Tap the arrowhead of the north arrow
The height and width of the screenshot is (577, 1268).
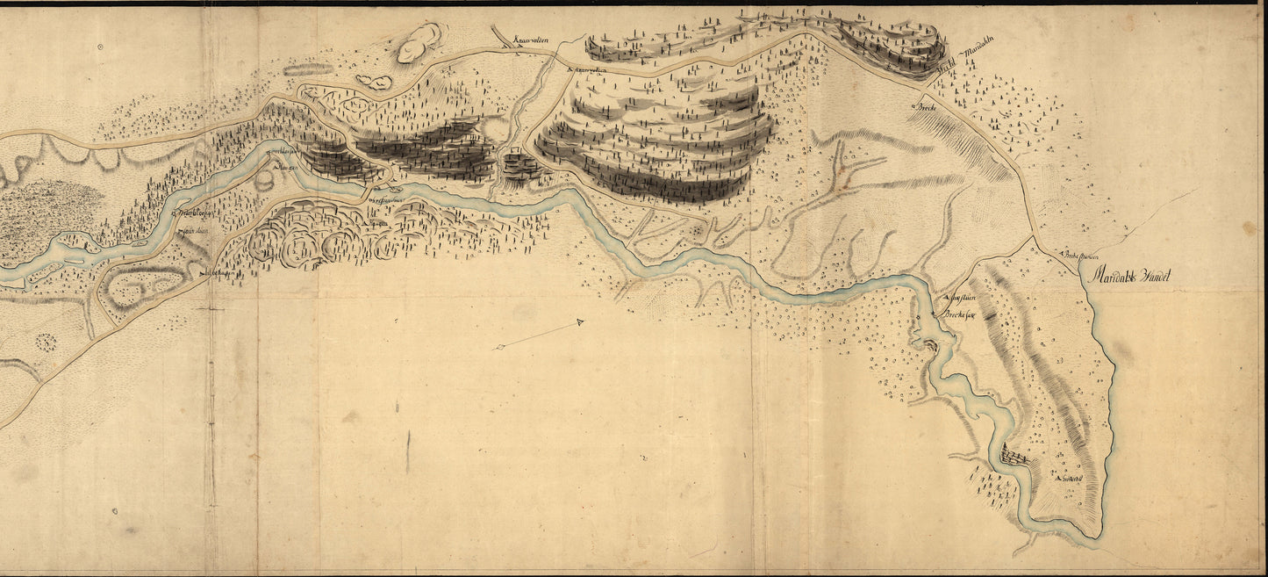[580, 323]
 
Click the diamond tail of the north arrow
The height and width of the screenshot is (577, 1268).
[499, 349]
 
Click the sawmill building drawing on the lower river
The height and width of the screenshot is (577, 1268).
[1015, 458]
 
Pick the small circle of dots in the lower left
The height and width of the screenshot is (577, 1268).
[45, 341]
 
